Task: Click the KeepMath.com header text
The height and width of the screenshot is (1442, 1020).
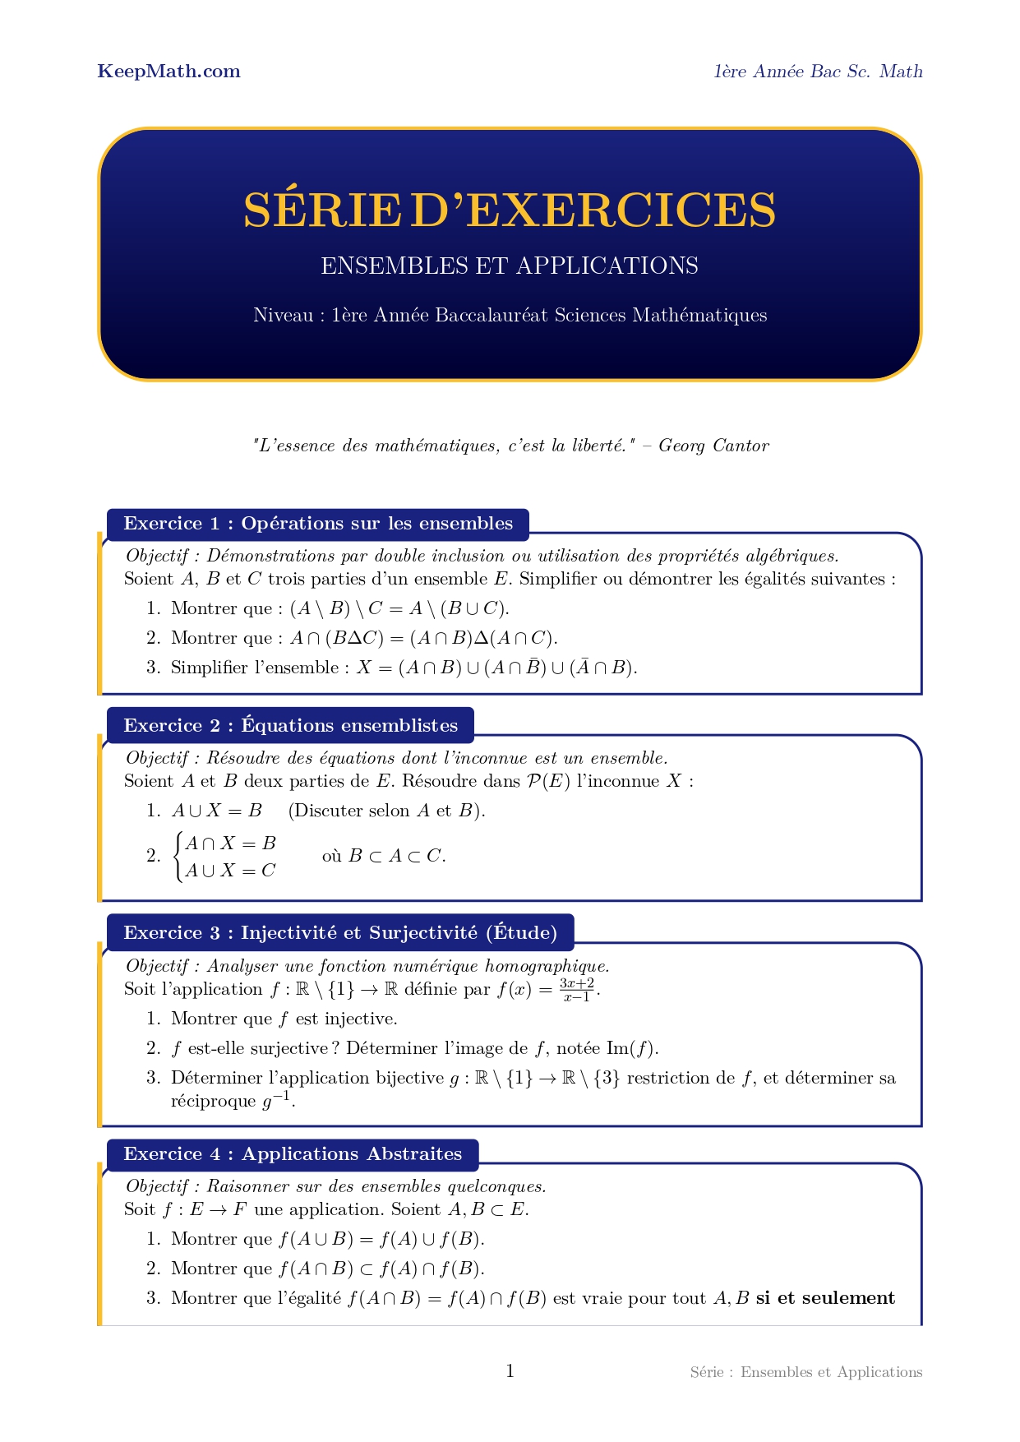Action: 168,72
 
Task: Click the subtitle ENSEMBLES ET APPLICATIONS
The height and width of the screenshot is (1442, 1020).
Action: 509,266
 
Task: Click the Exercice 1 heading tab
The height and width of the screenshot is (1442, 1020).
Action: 317,524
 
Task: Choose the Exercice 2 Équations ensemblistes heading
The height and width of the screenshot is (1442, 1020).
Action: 290,725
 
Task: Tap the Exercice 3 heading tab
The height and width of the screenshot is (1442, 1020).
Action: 339,932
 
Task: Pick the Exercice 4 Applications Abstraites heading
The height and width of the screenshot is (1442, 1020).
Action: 292,1153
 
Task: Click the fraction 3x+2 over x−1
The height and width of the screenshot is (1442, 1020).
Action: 577,990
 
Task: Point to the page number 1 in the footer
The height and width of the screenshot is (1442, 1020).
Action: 510,1370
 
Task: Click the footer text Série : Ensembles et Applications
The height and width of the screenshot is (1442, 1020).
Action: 805,1372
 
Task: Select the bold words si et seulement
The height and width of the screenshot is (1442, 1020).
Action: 825,1298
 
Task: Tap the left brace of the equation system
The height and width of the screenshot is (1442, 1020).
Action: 178,857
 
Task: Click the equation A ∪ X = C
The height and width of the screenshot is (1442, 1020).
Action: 230,871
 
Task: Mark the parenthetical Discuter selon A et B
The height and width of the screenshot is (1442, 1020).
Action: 386,811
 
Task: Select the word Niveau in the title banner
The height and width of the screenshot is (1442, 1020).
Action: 284,316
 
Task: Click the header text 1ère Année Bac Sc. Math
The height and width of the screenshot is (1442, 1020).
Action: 818,72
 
